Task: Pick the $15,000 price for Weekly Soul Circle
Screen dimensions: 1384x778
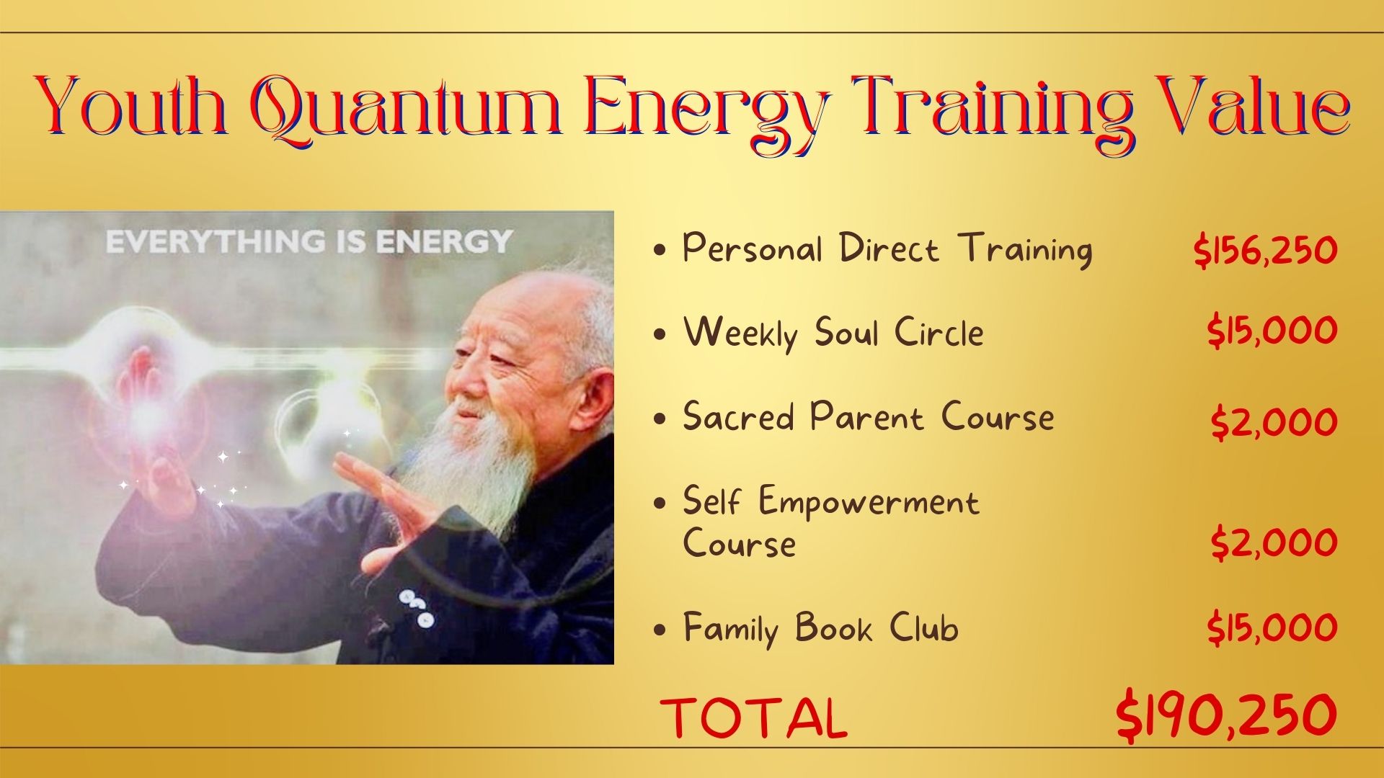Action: click(x=1273, y=331)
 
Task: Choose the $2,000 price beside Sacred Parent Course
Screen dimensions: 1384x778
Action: click(x=1274, y=422)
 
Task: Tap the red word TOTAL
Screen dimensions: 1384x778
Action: click(x=754, y=718)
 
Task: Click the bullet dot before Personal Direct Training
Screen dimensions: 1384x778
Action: click(x=659, y=251)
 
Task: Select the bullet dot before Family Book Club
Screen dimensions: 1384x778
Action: click(x=659, y=630)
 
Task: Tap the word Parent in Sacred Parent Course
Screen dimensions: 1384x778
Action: click(x=866, y=417)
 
